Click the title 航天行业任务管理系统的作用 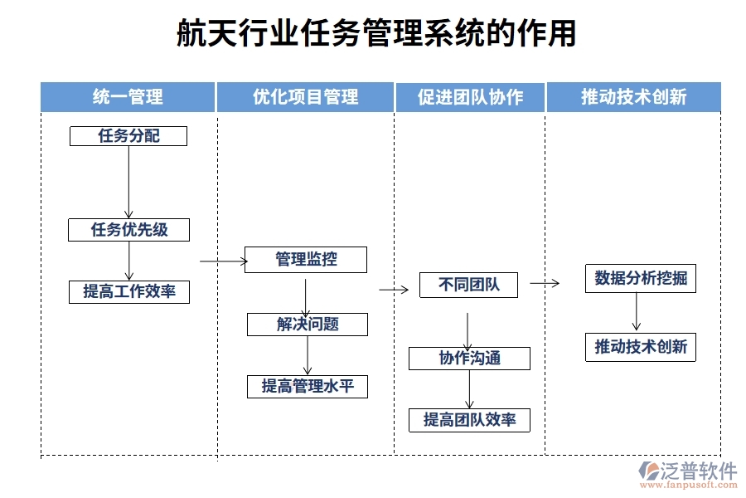point(375,35)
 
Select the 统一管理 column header point(128,97)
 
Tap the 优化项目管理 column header point(305,97)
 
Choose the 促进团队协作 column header point(470,97)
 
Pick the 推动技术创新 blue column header point(633,97)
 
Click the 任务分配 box point(128,136)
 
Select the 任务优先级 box point(128,230)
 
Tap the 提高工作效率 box point(128,292)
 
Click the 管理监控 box point(307,260)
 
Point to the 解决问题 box point(307,325)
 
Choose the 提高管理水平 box point(307,386)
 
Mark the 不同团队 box point(468,286)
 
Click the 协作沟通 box point(469,359)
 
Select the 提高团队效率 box point(469,420)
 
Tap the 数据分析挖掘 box point(641,279)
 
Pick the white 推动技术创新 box point(641,347)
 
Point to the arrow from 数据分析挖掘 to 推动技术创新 point(637,313)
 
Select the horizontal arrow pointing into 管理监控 point(224,261)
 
